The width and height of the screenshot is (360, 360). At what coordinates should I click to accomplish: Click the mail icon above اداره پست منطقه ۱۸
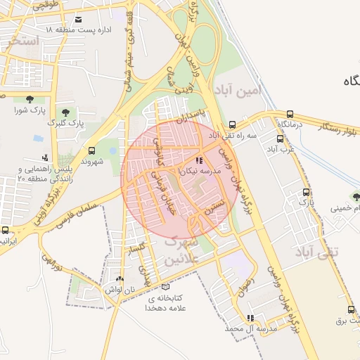77,19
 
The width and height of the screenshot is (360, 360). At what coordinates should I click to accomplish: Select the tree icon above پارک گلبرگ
65,112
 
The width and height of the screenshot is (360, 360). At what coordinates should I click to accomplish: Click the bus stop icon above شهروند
91,150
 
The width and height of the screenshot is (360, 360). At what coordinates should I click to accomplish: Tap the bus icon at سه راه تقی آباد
233,124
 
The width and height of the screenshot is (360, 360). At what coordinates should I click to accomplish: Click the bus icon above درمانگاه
290,114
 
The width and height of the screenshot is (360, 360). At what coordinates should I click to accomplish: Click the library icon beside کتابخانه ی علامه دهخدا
166,287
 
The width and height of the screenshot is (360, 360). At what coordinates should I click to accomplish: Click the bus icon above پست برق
345,309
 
